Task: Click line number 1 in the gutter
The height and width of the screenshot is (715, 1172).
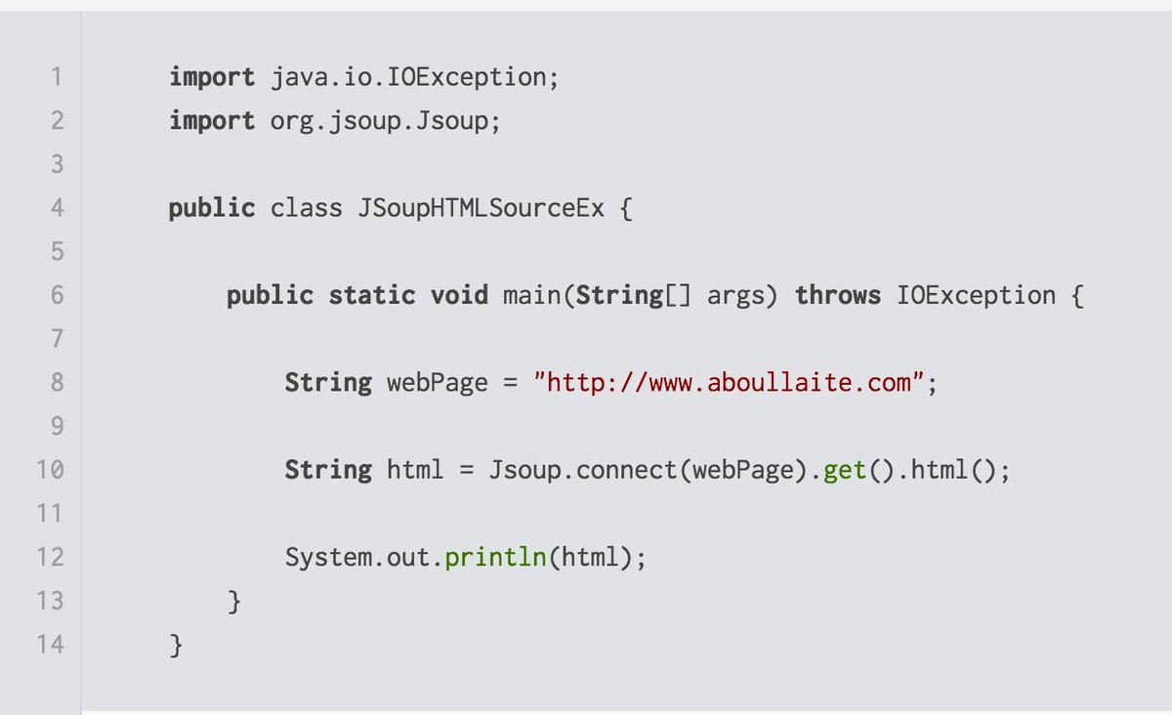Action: [57, 76]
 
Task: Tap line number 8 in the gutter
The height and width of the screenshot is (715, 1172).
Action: [57, 383]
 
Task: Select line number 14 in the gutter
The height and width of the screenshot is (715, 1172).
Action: [50, 645]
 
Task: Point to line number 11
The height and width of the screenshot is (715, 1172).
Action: [50, 514]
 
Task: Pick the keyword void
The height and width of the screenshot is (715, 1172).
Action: [459, 295]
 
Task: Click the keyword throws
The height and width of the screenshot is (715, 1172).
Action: [838, 295]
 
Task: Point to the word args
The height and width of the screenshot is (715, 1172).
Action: [736, 295]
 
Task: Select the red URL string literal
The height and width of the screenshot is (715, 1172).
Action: [729, 383]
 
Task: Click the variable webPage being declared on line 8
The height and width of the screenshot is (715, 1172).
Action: [437, 383]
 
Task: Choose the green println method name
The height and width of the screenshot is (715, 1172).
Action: [494, 558]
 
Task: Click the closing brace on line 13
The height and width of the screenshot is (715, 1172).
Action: [234, 601]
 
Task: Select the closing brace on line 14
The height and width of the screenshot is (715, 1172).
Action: [176, 645]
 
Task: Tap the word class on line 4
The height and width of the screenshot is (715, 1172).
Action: [306, 208]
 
